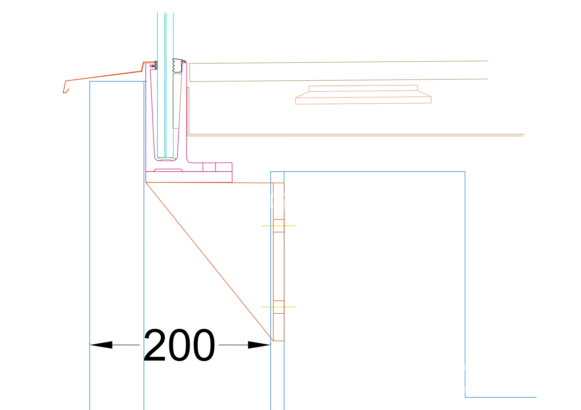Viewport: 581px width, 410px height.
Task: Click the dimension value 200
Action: point(179,345)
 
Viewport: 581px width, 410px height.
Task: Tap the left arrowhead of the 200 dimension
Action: point(101,345)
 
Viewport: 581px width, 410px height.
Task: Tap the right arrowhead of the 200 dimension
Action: point(259,345)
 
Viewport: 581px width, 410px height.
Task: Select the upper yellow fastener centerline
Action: point(278,226)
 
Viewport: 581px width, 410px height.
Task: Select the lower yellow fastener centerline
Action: point(278,307)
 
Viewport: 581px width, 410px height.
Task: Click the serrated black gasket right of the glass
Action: point(178,66)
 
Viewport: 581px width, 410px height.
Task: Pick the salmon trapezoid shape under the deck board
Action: point(363,95)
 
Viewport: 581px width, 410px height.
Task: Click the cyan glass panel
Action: point(165,85)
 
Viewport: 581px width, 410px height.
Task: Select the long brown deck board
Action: point(338,71)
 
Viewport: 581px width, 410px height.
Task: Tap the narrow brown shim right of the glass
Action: point(176,101)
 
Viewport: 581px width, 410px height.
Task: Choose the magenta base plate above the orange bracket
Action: point(189,177)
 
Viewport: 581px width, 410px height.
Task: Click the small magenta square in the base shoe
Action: point(209,167)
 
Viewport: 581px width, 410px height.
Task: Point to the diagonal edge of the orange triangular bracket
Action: point(209,262)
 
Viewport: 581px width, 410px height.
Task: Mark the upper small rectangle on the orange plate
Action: point(279,226)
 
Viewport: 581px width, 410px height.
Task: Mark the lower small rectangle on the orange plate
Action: point(279,307)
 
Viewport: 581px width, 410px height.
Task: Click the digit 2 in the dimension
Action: point(155,345)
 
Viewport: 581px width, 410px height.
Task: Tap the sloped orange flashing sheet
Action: point(103,76)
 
